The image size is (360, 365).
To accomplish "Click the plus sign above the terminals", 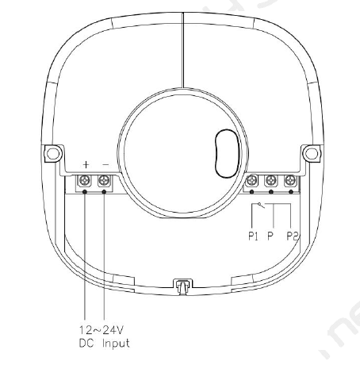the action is pos(86,165).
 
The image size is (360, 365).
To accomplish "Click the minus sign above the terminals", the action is pos(105,165).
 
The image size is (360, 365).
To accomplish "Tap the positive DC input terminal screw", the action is pos(85,181).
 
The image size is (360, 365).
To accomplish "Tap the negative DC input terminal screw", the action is pos(104,181).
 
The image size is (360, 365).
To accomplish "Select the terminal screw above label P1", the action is pos(251,181).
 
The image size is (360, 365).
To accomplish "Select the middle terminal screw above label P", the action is pos(271,181).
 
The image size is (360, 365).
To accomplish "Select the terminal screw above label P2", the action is pos(290,181).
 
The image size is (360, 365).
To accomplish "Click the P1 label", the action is pos(253,236).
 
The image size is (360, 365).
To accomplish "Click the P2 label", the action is pos(293,236).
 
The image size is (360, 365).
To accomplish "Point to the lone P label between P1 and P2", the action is pos(270,236).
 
